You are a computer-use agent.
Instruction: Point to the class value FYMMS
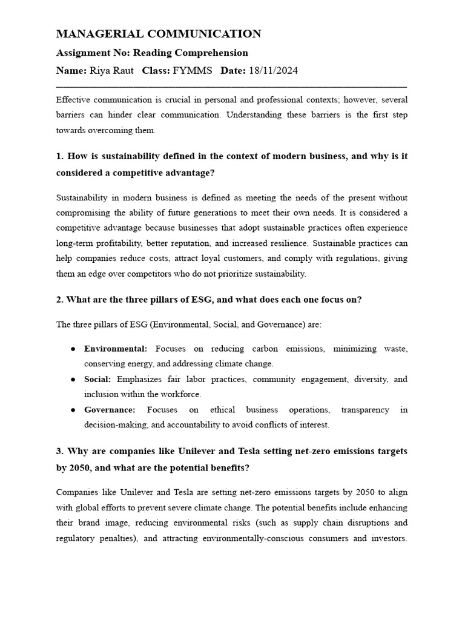point(193,71)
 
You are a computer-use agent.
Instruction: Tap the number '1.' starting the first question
point(60,156)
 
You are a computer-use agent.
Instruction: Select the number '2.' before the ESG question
point(60,299)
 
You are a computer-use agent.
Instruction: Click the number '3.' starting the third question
point(60,451)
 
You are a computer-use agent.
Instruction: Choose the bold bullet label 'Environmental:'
point(116,349)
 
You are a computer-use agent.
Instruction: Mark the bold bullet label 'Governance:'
point(110,409)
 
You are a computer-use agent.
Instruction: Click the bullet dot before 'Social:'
point(73,380)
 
